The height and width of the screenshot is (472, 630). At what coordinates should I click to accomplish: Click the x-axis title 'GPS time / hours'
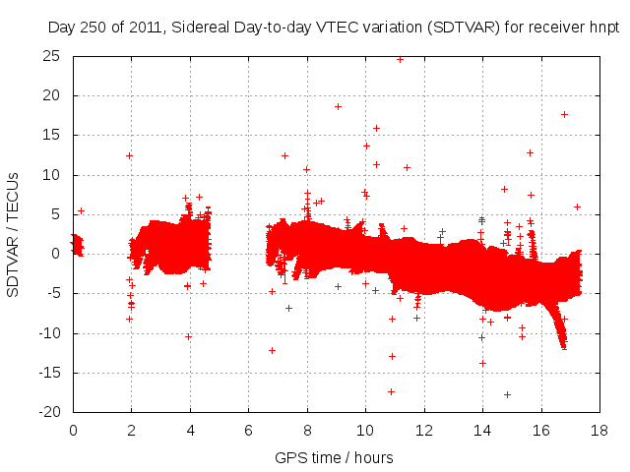click(x=334, y=457)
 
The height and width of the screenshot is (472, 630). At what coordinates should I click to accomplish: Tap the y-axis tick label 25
click(x=51, y=57)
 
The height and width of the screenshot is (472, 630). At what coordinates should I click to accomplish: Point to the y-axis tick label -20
click(x=48, y=412)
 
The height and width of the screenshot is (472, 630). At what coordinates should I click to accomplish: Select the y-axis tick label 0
click(x=58, y=254)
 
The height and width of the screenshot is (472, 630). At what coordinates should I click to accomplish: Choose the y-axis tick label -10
click(x=48, y=333)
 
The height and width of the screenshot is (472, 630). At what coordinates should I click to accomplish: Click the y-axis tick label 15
click(x=51, y=136)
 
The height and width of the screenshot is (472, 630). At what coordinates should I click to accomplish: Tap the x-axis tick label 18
click(x=599, y=430)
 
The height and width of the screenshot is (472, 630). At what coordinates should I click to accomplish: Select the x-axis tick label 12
click(x=424, y=430)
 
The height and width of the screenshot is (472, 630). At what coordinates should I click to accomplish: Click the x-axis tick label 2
click(x=131, y=430)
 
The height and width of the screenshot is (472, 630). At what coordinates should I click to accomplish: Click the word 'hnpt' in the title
click(x=602, y=28)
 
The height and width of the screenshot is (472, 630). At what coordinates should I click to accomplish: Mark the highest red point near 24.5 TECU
click(x=400, y=59)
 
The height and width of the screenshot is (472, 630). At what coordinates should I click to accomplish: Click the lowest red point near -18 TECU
click(x=507, y=394)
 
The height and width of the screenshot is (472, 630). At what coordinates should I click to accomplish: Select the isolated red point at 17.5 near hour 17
click(x=564, y=114)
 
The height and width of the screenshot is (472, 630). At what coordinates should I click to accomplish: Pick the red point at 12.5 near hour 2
click(x=129, y=155)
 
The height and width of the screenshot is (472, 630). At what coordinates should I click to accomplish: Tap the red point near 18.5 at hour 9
click(x=338, y=106)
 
